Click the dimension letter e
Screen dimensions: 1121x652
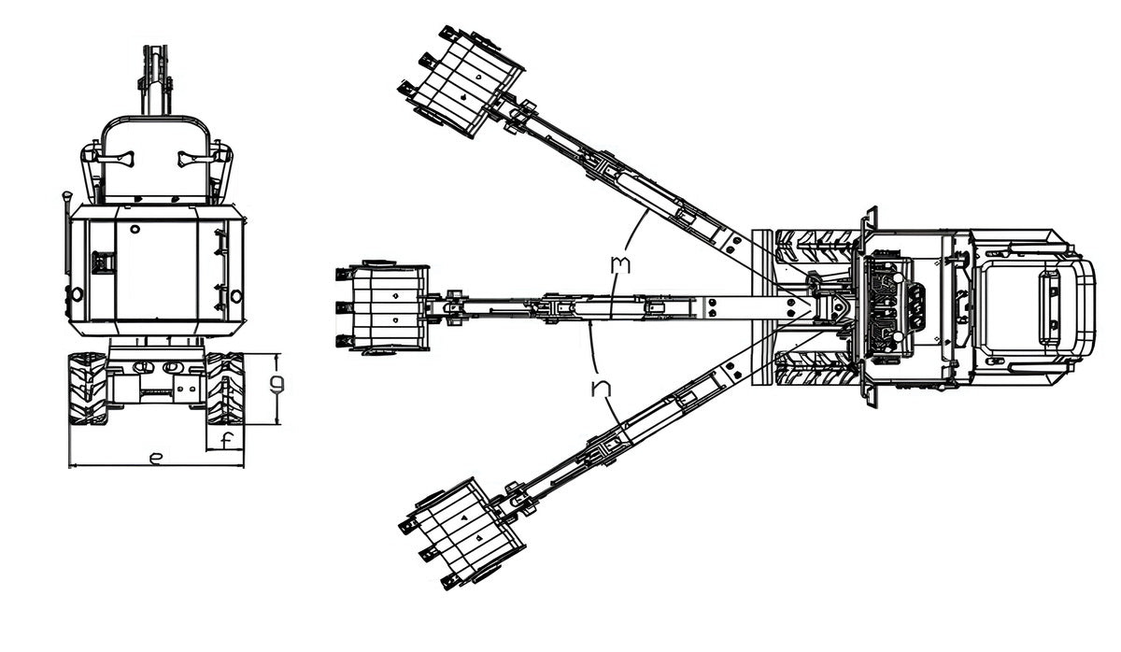click(156, 459)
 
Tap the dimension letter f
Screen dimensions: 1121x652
click(227, 441)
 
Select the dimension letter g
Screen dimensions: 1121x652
click(277, 384)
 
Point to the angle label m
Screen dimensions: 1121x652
click(620, 265)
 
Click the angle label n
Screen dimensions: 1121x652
click(601, 388)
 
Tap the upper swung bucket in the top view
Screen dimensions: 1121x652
click(461, 81)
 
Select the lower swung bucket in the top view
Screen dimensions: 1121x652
click(461, 533)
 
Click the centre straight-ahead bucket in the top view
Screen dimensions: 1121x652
click(383, 306)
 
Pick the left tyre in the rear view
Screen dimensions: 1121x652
click(88, 389)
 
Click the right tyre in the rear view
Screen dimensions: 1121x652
click(225, 389)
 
